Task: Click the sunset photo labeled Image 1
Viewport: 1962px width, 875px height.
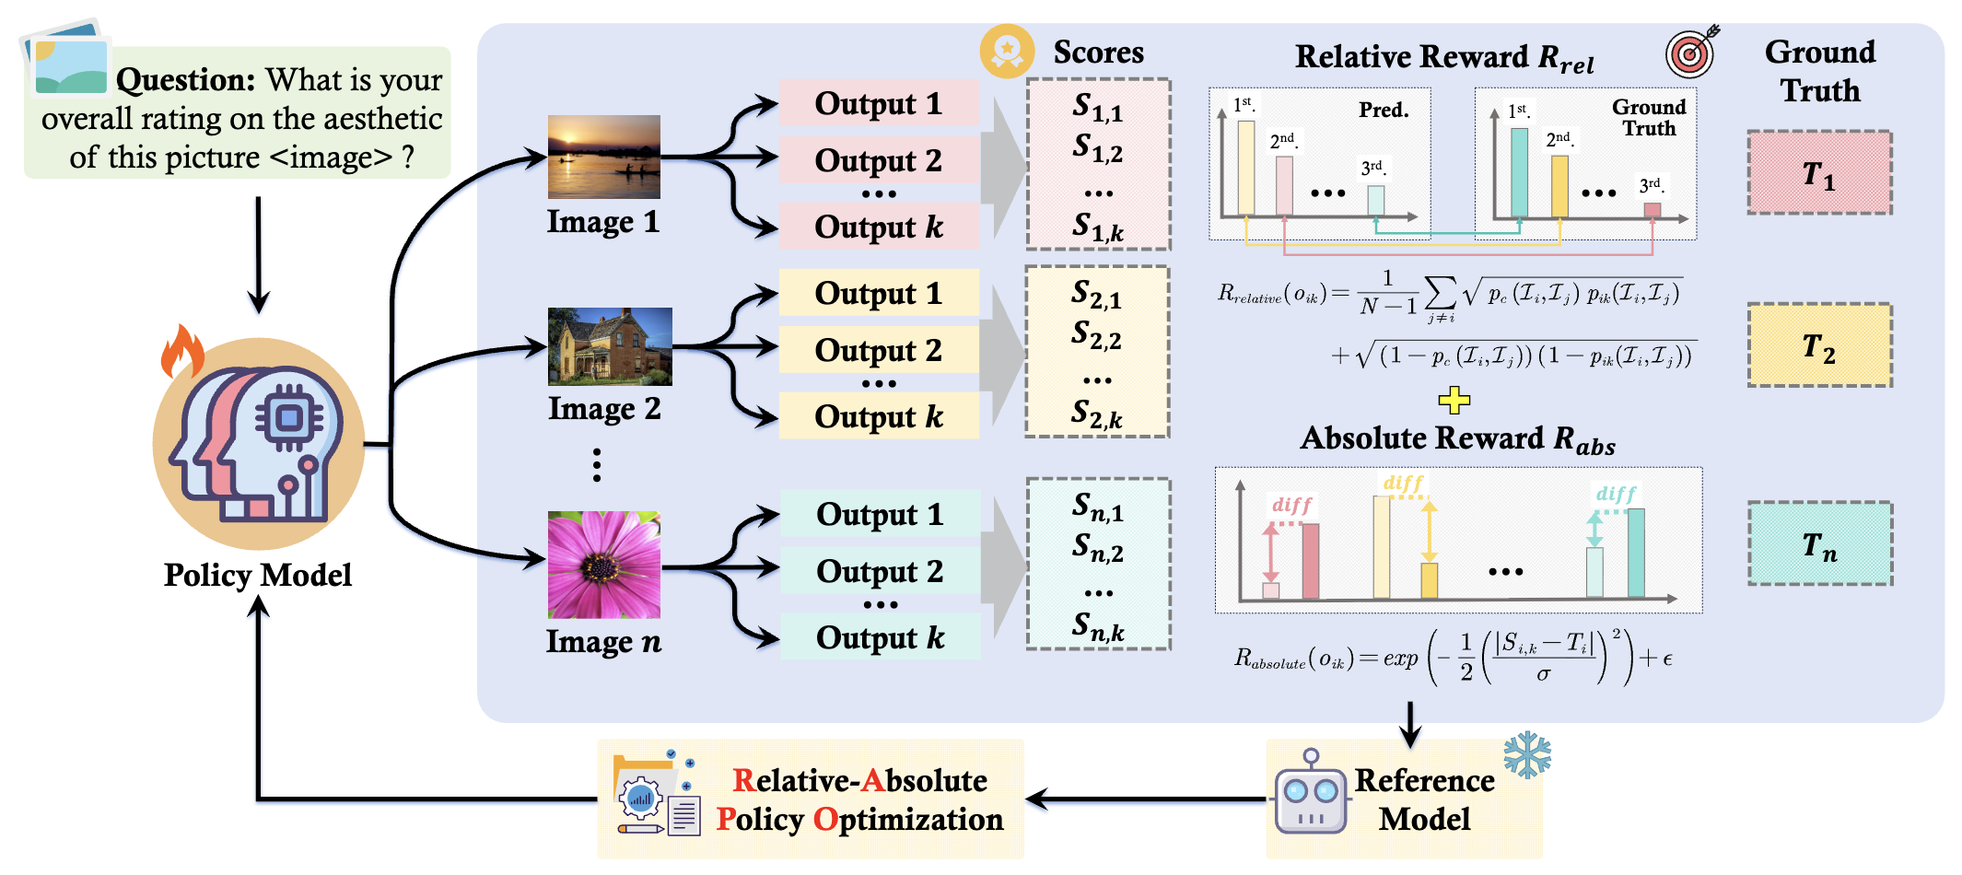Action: [603, 157]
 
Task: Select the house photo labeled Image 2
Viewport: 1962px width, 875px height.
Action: [610, 346]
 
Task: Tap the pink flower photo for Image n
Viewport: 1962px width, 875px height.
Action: [603, 565]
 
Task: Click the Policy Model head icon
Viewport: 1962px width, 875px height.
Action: [259, 444]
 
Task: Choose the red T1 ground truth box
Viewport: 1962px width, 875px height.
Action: [1819, 173]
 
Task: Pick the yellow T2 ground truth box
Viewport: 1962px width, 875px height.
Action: [1819, 345]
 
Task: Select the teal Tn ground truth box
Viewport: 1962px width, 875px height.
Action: [1819, 543]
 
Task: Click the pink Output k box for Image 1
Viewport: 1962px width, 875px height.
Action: [879, 227]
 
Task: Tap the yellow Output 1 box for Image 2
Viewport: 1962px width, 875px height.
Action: [879, 293]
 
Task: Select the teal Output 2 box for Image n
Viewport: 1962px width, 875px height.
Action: [880, 571]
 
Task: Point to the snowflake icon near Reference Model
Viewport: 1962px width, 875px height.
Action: [1527, 754]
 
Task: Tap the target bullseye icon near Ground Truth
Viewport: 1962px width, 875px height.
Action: [1691, 52]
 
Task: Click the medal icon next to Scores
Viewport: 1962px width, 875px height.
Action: [1007, 51]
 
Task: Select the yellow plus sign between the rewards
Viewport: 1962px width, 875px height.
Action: [1454, 400]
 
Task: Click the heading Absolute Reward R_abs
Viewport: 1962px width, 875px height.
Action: [1457, 438]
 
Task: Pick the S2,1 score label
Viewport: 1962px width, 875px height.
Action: [1096, 295]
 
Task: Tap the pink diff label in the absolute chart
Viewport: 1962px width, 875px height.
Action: [1291, 505]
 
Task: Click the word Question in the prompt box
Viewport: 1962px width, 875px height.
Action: [185, 80]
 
